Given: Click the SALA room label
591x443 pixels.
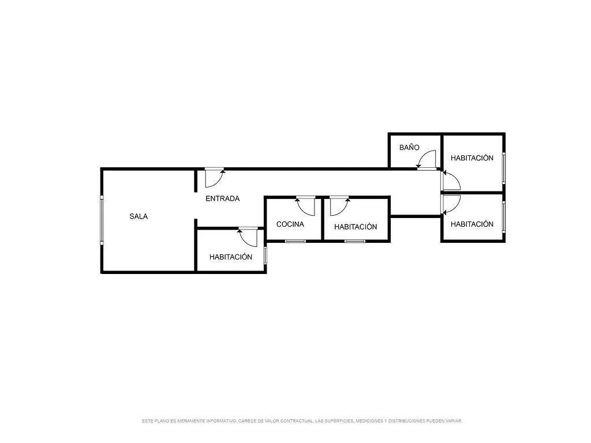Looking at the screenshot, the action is (139, 217).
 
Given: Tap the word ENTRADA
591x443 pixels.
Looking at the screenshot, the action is (222, 198).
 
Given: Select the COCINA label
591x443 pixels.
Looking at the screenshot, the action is (290, 224).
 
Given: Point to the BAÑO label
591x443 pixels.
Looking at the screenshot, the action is (409, 147).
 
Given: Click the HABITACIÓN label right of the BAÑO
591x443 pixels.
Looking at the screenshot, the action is (472, 158).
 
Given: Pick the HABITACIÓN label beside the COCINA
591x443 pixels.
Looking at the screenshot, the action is (356, 227).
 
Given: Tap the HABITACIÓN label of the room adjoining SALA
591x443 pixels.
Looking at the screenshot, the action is (231, 257).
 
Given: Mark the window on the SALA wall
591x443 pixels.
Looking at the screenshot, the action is (102, 220).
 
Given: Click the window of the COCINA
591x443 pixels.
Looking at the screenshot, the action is (295, 241).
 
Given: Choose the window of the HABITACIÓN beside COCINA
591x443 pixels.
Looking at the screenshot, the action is (355, 241).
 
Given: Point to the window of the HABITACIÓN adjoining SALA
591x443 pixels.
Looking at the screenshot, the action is (265, 255).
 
